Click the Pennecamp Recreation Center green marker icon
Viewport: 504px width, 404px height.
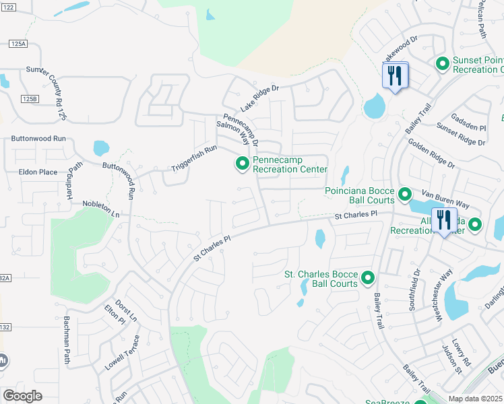(242, 164)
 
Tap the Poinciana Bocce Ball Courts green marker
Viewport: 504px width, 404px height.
(405, 195)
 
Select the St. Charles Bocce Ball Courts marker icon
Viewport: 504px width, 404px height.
(368, 277)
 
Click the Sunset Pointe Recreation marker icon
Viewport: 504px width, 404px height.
(443, 64)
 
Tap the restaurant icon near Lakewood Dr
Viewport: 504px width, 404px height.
(394, 75)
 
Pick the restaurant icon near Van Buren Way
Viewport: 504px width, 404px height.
(443, 220)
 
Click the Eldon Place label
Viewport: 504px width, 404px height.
(38, 172)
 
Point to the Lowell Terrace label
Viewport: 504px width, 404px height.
(122, 353)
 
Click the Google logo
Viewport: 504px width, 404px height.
(22, 395)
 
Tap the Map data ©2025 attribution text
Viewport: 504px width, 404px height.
(476, 399)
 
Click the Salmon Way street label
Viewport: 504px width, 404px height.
(232, 134)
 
